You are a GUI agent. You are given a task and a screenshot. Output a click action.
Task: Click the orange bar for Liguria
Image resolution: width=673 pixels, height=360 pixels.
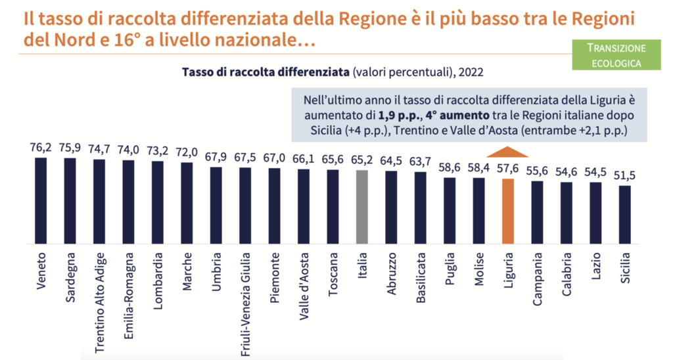coord(507,210)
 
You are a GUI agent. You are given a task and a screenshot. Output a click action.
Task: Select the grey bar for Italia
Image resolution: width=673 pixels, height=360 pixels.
coord(361,206)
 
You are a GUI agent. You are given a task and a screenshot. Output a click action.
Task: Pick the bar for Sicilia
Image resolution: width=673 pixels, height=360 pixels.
coord(625,214)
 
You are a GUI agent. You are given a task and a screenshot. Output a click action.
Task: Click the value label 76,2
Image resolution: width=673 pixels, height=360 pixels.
coord(41,148)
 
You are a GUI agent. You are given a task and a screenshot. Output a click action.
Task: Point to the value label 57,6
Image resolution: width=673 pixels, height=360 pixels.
coord(507,169)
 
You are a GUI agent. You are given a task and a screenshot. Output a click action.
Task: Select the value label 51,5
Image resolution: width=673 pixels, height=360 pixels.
coord(625,176)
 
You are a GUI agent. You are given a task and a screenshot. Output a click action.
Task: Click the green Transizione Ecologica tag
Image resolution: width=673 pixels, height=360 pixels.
coord(616,55)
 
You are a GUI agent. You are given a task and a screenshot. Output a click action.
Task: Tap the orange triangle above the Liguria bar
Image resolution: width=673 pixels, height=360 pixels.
coord(507,152)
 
